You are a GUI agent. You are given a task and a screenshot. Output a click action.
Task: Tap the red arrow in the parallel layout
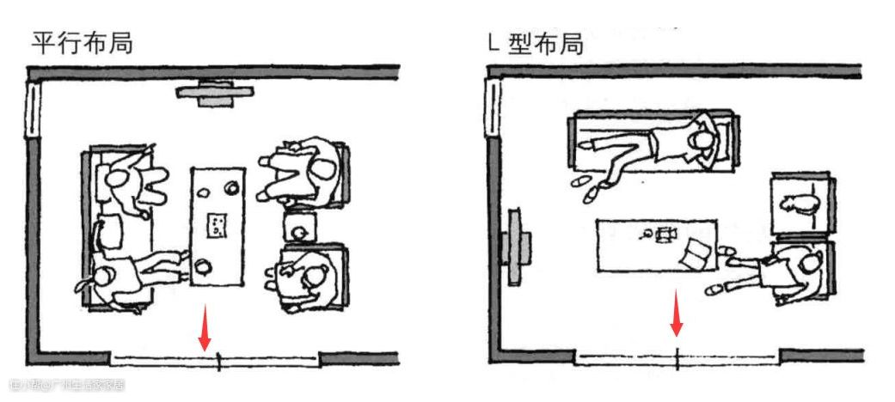(x=205, y=327)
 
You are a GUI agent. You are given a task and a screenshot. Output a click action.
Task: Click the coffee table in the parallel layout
(x=216, y=228)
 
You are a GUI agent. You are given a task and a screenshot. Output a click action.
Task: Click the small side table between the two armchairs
(x=300, y=229)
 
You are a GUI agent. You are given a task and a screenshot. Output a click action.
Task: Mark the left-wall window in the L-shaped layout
(x=493, y=106)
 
